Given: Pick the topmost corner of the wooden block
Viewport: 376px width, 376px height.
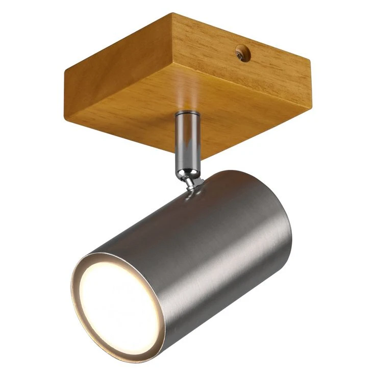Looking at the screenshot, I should point(172,14).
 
